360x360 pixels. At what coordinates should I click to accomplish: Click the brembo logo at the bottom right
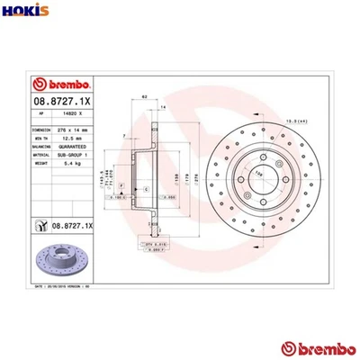[x=316, y=347]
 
